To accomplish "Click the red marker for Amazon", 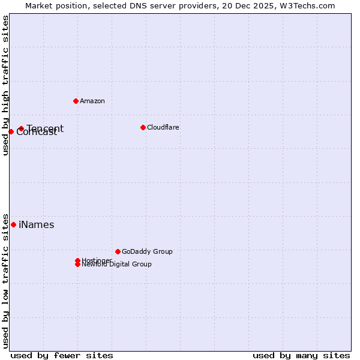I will [x=76, y=101].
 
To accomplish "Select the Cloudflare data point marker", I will [x=143, y=127].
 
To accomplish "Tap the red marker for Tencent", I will [x=21, y=128].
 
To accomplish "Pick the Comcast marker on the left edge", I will [x=11, y=131].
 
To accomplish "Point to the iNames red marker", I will [x=13, y=224].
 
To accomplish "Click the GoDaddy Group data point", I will [x=118, y=251].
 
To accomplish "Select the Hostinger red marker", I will [x=77, y=260].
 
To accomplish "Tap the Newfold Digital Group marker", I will [x=77, y=265].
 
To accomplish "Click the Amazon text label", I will [x=92, y=101].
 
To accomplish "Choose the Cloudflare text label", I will [x=163, y=127].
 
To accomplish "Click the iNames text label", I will [x=37, y=225].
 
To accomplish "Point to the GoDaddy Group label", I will [x=147, y=251].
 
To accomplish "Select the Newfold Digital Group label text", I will [x=117, y=265].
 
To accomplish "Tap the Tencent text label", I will [x=45, y=128].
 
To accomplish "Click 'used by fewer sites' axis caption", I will [x=62, y=355].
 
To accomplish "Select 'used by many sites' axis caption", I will [x=301, y=355].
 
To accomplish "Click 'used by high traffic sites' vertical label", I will [x=6, y=86].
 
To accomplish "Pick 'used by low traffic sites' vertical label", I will [x=6, y=281].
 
